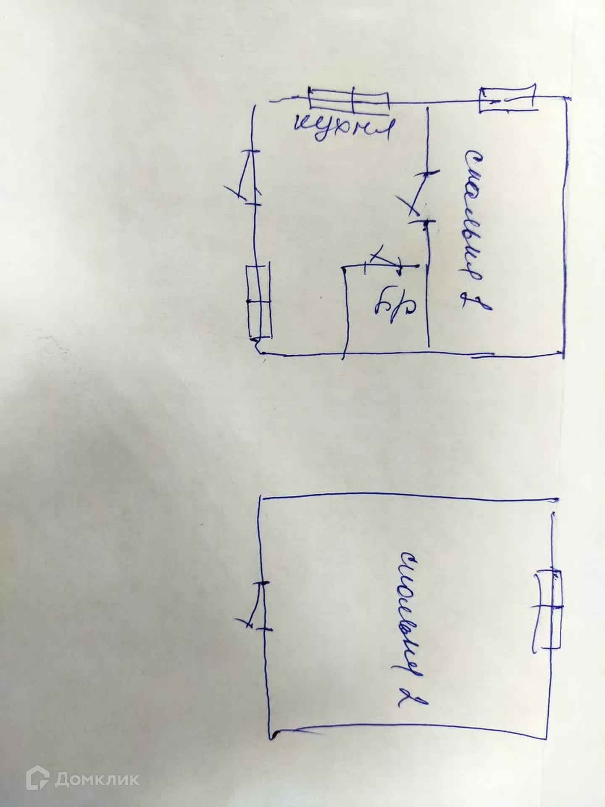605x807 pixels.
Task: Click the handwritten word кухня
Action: [345, 129]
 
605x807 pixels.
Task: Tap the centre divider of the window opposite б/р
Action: [259, 301]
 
